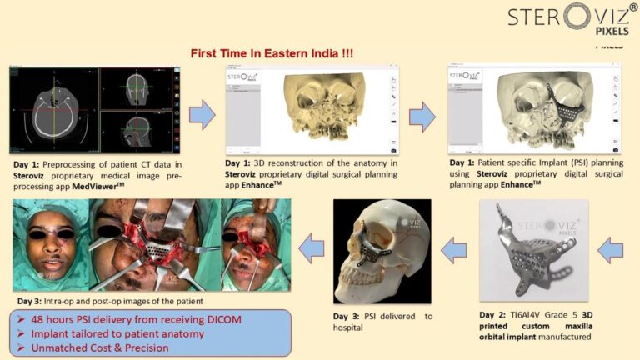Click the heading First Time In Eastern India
pyautogui.click(x=272, y=53)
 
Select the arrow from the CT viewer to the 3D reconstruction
pyautogui.click(x=201, y=116)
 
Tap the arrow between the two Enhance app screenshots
pyautogui.click(x=422, y=117)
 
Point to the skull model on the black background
pyautogui.click(x=382, y=250)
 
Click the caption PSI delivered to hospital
pyautogui.click(x=382, y=322)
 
